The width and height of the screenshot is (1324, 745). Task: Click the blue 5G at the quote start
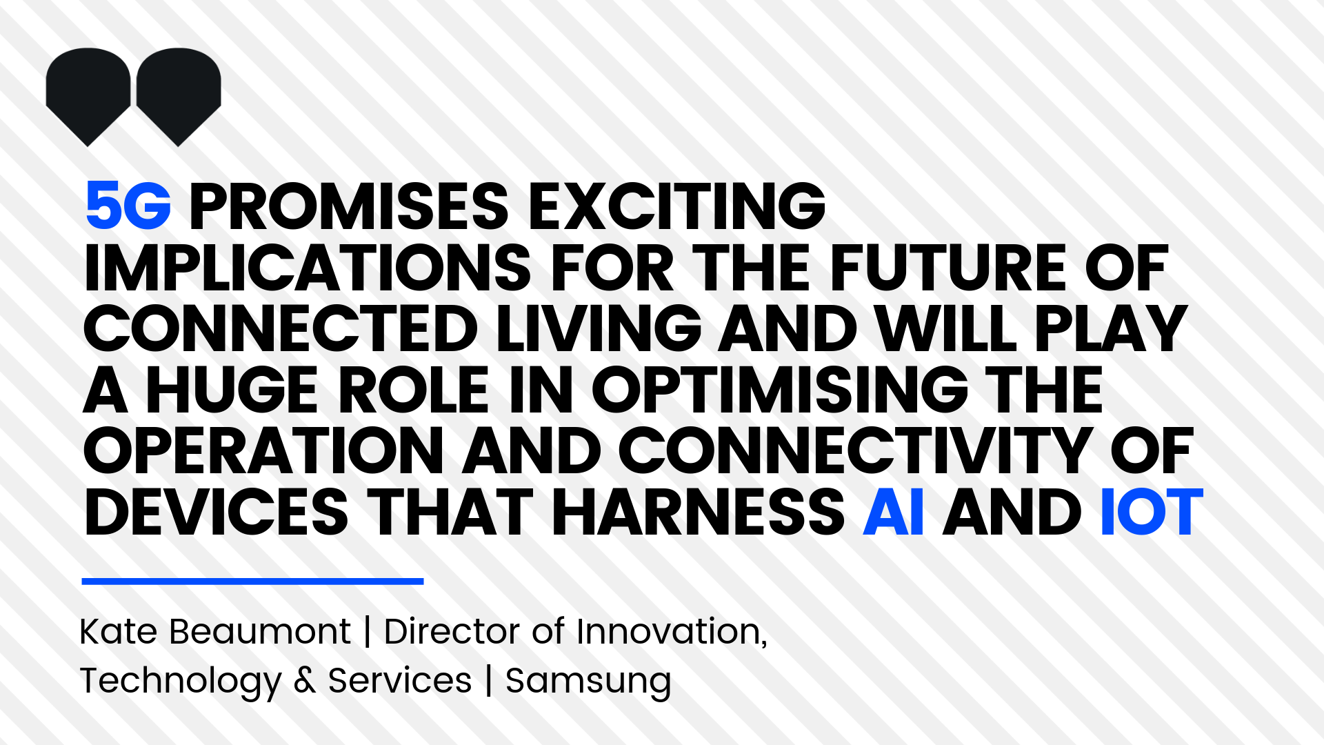point(128,206)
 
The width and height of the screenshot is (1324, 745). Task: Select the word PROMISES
point(349,206)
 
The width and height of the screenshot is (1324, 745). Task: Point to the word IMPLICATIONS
point(308,268)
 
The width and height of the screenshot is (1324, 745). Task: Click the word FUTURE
point(949,268)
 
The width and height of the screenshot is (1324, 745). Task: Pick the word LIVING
point(599,328)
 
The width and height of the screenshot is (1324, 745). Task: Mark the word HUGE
point(232,390)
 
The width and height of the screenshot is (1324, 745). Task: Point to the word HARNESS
point(698,512)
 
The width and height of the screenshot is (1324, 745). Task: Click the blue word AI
point(894,512)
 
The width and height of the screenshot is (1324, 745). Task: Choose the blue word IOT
point(1152,512)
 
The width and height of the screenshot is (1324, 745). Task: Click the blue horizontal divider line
point(252,582)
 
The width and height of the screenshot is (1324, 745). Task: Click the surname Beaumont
point(260,631)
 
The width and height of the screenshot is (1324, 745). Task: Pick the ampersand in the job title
point(305,681)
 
